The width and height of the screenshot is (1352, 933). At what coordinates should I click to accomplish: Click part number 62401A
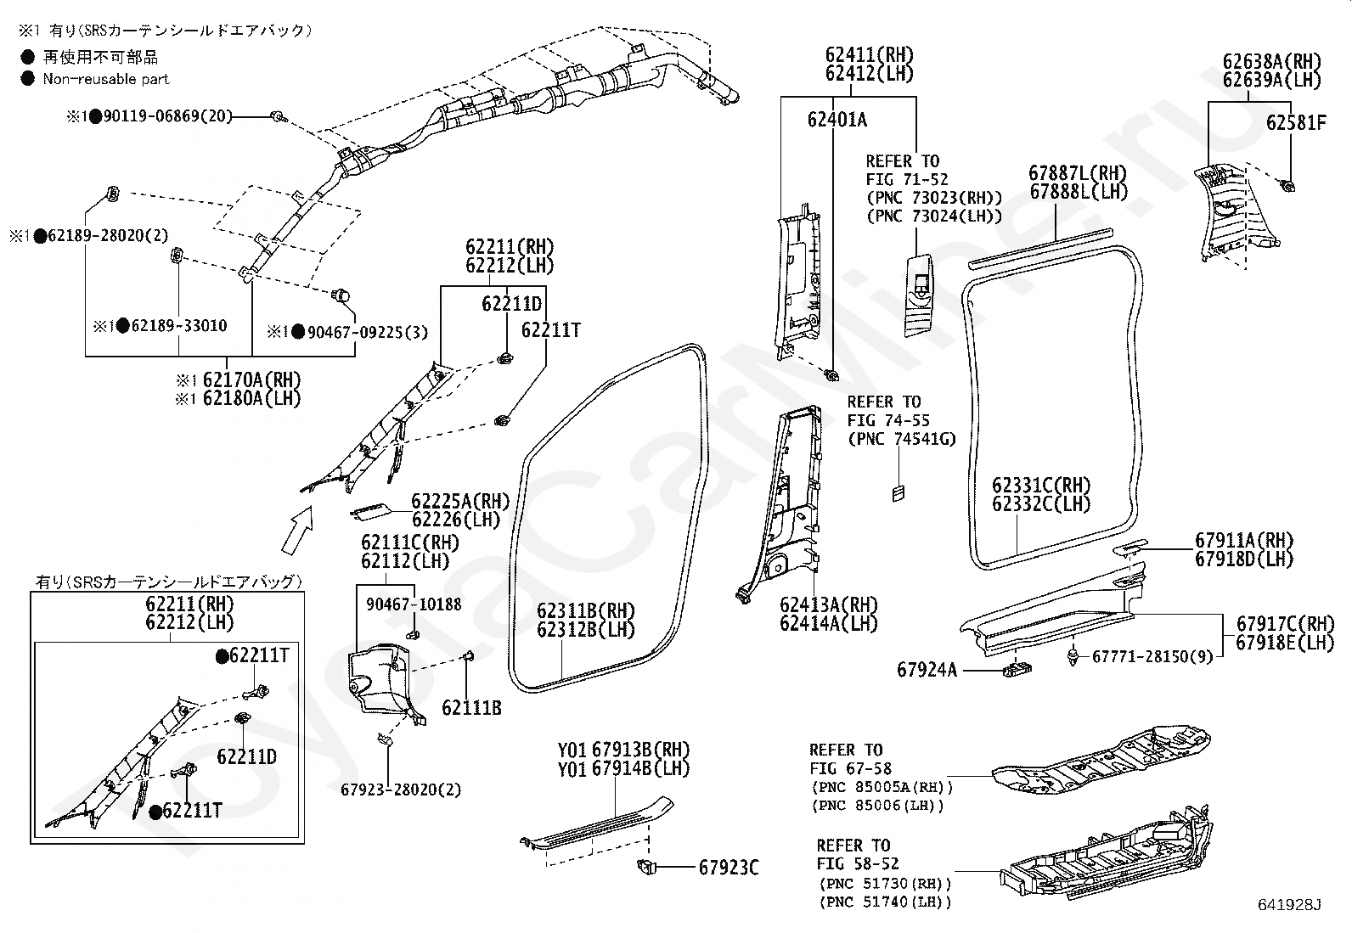837,120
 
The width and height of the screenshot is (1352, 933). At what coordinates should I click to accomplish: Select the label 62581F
1295,123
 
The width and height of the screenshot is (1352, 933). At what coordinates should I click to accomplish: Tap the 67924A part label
927,670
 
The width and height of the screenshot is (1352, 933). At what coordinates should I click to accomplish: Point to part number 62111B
470,707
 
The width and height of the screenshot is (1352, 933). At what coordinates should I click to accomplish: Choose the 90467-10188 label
414,604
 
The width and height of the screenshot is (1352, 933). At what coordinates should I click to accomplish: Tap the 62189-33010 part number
177,325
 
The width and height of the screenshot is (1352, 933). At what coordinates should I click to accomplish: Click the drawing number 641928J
1291,905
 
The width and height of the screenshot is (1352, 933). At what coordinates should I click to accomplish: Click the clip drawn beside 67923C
647,867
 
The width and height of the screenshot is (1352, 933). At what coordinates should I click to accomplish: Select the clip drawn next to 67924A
1017,669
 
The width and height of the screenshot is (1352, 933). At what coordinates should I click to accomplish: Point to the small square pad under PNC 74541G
899,492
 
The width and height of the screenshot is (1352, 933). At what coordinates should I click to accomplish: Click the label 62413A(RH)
828,604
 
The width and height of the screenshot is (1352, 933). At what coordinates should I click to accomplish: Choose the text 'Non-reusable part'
106,79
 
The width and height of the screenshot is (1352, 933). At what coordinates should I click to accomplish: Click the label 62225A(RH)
460,501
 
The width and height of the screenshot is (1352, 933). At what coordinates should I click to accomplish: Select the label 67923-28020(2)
401,789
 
